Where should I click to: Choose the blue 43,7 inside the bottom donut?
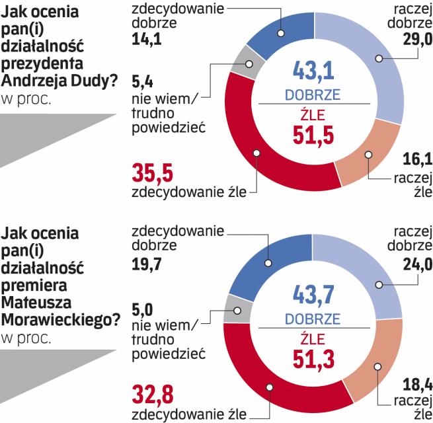coord(313,293)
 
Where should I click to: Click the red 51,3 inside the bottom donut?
coord(313,359)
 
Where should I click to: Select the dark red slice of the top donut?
coord(258,152)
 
